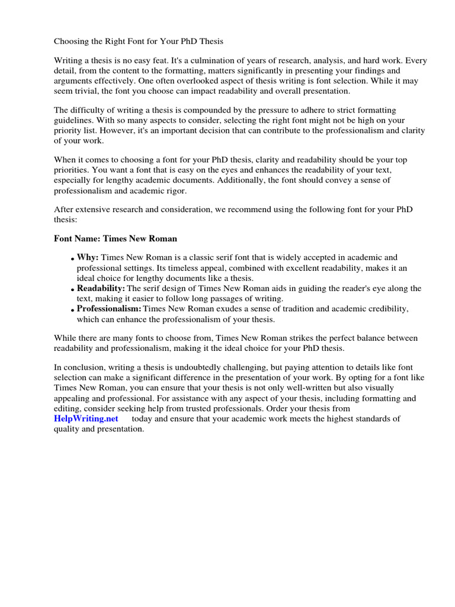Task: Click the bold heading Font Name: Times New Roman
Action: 116,239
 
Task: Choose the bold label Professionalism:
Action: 109,309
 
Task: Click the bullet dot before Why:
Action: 73,259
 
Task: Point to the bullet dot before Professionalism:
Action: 73,311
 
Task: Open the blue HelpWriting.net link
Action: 86,418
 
